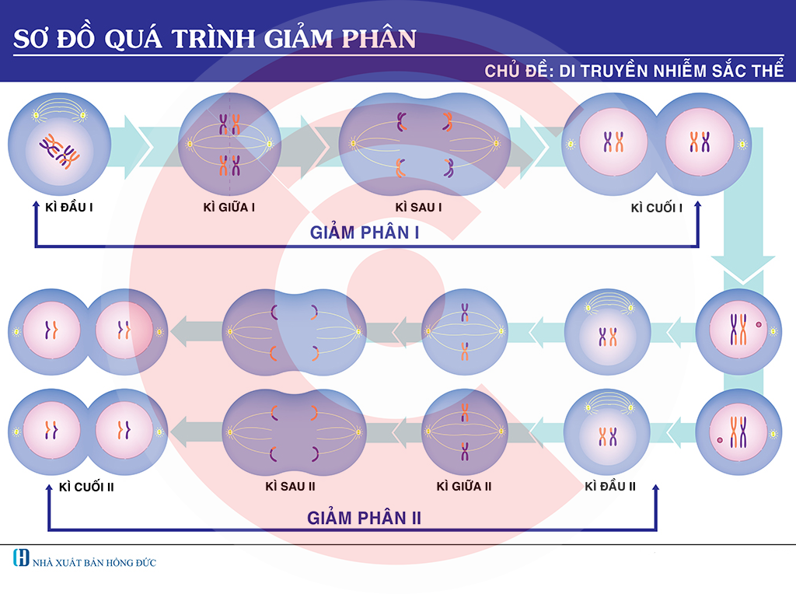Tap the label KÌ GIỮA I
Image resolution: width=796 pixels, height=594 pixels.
point(229,208)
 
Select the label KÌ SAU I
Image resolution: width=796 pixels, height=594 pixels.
point(418,208)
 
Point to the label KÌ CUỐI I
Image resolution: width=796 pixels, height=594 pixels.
point(657,208)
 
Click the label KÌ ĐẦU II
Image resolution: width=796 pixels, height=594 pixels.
point(610,487)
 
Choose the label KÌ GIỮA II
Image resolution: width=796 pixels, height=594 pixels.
point(464,487)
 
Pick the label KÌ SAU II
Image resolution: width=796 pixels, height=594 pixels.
point(290,487)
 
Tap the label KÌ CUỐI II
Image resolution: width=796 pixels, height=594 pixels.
point(88,487)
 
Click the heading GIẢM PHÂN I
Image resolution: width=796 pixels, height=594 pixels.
point(365,232)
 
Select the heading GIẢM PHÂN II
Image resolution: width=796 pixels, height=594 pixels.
point(364,518)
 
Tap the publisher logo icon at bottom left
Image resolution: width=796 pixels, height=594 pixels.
point(22,557)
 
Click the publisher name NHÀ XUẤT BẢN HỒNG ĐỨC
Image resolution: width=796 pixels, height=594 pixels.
point(94,562)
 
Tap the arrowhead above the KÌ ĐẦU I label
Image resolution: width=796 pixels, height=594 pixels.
point(36,202)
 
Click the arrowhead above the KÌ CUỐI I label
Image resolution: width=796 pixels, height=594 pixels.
point(697,202)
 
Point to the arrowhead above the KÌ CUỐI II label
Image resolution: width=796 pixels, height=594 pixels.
point(48,486)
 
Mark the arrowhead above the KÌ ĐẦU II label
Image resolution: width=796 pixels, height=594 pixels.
point(655,486)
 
